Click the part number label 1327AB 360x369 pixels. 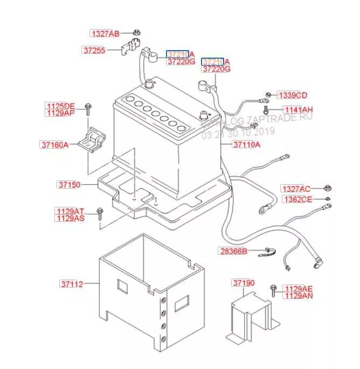point(105,33)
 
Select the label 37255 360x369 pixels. point(95,50)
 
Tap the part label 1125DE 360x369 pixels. point(60,106)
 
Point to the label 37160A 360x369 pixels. point(54,144)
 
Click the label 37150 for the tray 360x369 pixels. point(68,185)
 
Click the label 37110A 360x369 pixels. point(246,144)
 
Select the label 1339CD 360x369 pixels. point(292,95)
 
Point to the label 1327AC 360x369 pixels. point(296,189)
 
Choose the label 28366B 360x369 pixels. point(233,251)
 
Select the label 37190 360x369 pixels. point(244,283)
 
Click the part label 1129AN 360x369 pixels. point(299,296)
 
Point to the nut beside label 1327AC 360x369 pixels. point(327,189)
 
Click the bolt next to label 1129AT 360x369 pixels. point(99,212)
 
